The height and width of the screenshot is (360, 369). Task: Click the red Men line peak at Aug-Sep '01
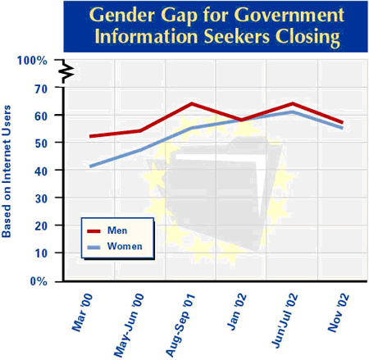191,103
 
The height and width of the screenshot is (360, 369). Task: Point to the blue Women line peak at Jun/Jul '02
293,112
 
